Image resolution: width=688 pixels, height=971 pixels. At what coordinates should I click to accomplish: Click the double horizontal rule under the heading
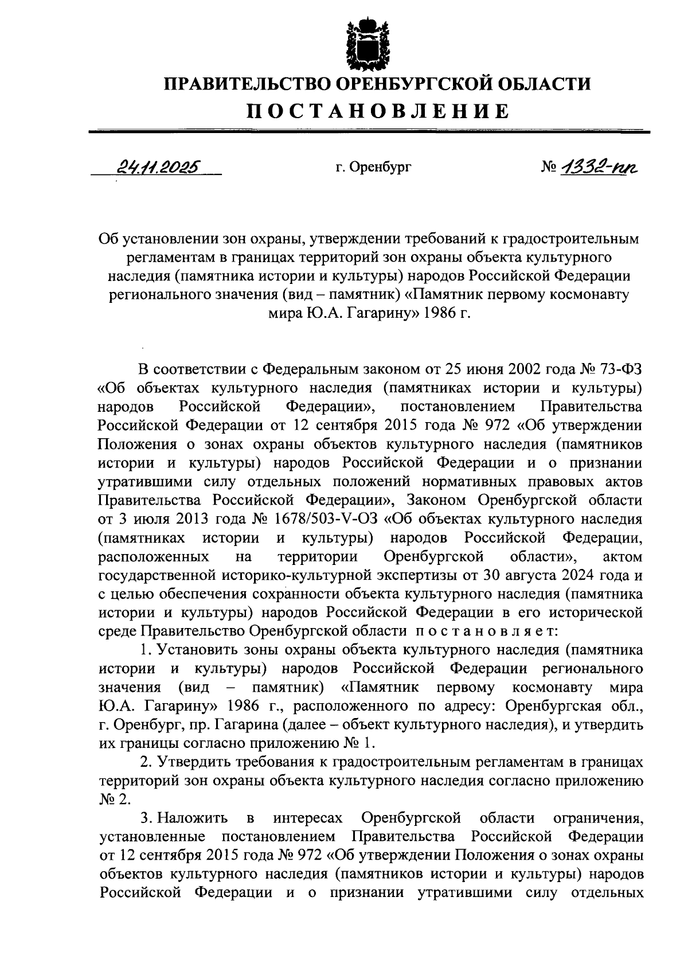tap(369, 132)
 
